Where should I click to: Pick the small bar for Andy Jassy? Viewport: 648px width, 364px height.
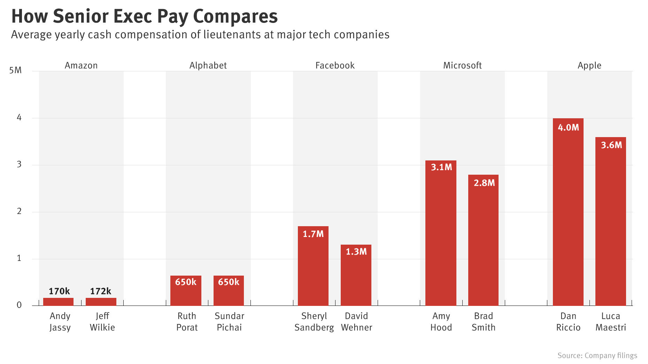click(59, 302)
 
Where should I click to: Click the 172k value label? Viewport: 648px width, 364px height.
click(101, 291)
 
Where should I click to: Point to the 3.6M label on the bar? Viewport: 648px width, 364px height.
click(611, 145)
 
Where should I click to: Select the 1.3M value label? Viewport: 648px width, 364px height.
click(356, 252)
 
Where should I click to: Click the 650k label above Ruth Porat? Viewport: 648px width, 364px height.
click(186, 282)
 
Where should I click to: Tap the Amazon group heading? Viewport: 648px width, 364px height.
click(81, 65)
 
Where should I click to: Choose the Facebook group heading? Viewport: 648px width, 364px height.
click(335, 65)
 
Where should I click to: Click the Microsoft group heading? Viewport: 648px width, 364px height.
click(462, 65)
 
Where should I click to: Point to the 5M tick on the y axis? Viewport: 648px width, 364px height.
click(15, 71)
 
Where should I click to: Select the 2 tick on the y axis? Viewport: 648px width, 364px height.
click(19, 211)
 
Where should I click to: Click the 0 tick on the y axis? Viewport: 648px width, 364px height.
click(19, 305)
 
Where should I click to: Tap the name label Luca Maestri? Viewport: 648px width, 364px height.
click(611, 322)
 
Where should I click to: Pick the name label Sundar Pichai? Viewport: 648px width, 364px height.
click(229, 322)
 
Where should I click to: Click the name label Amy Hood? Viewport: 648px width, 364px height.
click(441, 322)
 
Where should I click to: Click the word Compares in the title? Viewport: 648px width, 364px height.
click(235, 16)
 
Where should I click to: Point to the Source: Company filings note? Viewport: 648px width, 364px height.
click(597, 355)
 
